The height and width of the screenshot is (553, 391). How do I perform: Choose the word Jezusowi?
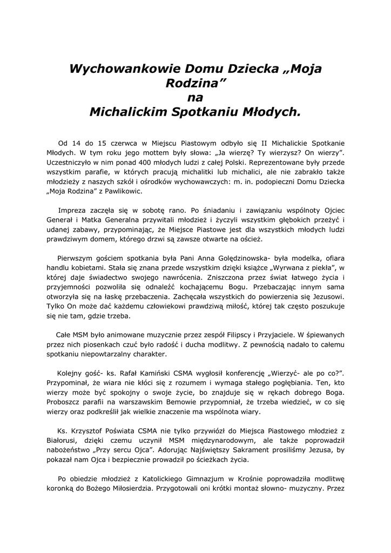click(x=327, y=298)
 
